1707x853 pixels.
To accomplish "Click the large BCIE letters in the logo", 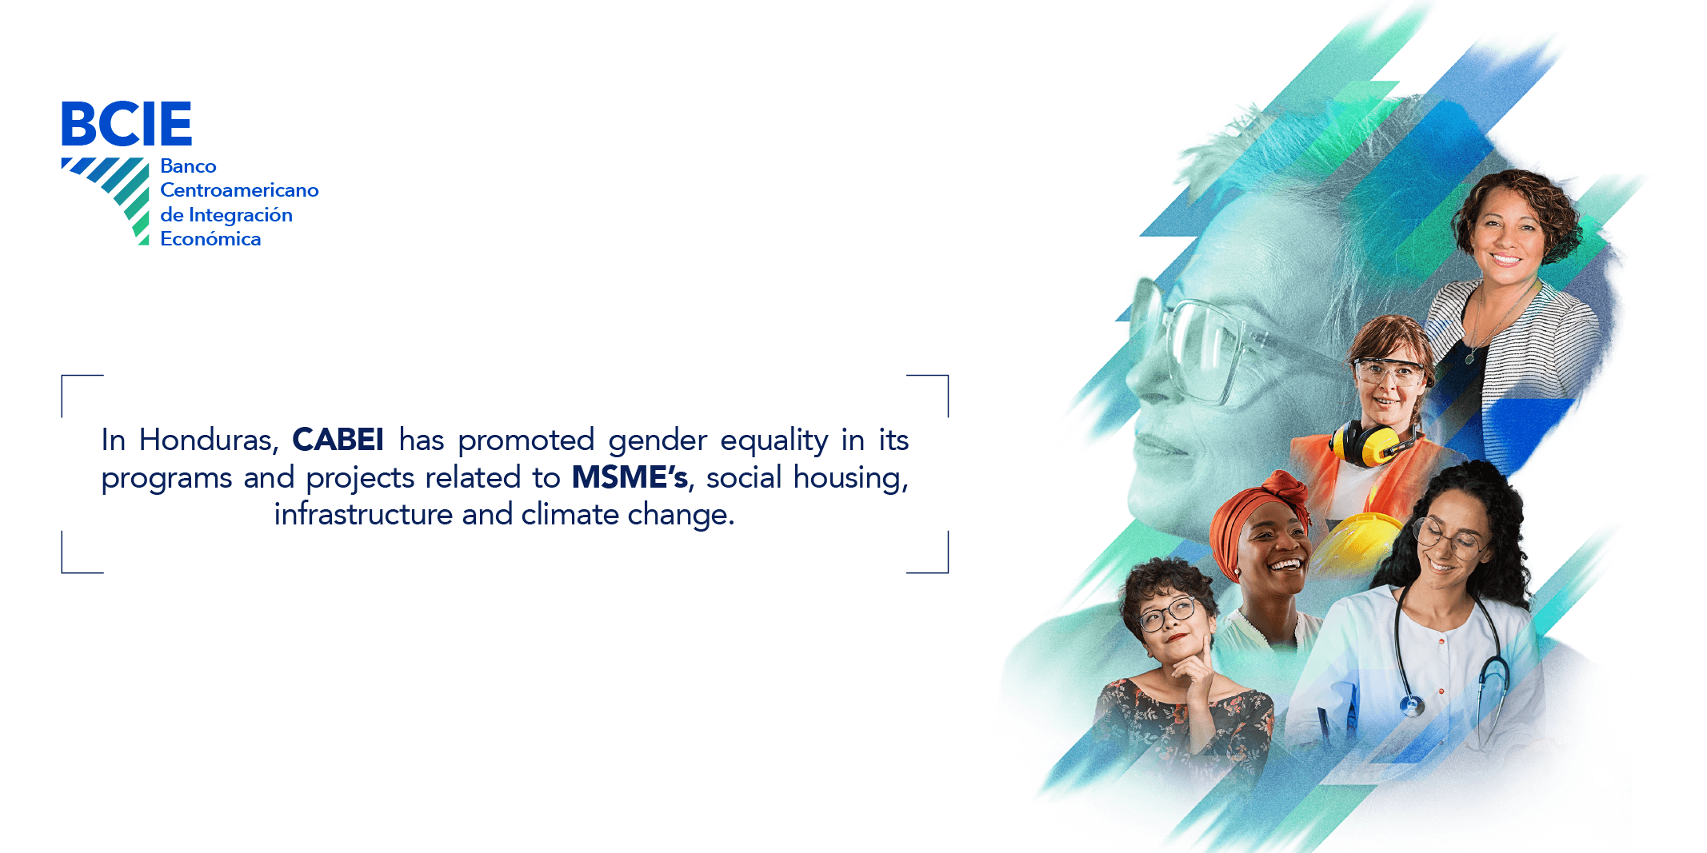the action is pos(126,123).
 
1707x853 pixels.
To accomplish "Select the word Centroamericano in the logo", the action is pos(239,190).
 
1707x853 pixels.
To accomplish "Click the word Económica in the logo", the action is pos(210,239).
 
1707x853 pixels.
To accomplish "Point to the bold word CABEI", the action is pos(338,440).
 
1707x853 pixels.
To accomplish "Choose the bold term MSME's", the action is pos(630,477).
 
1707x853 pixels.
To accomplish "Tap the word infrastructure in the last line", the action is pos(363,514).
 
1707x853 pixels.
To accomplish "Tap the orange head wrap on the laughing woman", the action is pos(1256,512).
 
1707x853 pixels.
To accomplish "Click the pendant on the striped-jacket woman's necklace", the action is pos(1469,358).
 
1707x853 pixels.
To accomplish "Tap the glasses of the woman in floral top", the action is pos(1169,614).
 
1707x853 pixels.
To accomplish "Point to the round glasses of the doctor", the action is pos(1449,538).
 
